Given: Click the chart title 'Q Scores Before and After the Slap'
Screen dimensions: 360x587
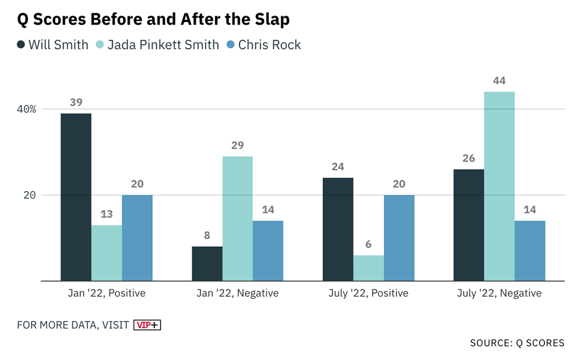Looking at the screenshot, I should [153, 19].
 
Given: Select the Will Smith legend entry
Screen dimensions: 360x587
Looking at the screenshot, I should [53, 45].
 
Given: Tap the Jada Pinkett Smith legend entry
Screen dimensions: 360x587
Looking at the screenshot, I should [157, 45].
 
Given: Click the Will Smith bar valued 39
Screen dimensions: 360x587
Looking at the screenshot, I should [76, 197].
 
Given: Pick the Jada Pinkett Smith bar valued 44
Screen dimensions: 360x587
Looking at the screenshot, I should [499, 186].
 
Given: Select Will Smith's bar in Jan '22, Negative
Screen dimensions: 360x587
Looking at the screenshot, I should [207, 264].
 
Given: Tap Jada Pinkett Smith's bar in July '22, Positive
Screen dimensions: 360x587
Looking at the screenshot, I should [368, 268].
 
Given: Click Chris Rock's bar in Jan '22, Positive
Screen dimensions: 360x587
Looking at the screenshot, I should [137, 238].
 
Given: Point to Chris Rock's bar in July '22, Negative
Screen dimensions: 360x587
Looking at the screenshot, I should [529, 250].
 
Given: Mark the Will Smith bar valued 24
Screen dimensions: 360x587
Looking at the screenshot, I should [338, 229].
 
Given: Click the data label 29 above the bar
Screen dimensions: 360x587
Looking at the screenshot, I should [237, 146].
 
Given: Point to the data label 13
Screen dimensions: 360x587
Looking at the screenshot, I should [107, 214].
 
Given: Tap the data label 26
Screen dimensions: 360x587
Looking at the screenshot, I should [468, 159].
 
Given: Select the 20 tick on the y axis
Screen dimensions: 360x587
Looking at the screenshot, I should [31, 195].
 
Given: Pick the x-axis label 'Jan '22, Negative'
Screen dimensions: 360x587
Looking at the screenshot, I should [237, 293].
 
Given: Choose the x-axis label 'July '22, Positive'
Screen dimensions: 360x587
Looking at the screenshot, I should [368, 293].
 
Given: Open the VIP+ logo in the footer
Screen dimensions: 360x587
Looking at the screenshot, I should [147, 325].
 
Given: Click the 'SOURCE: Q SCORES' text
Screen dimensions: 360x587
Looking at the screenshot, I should [517, 343].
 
